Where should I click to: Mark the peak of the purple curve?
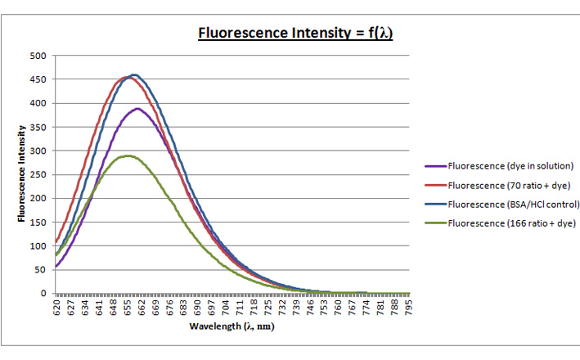pyautogui.click(x=137, y=108)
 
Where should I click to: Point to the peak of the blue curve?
pyautogui.click(x=134, y=74)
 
